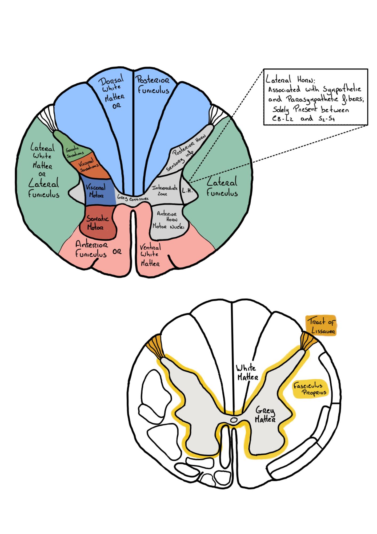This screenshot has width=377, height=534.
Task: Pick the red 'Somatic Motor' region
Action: coord(98,223)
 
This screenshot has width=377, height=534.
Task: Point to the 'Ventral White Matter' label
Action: coord(150,255)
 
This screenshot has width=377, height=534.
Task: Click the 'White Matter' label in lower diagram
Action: coord(247,372)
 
